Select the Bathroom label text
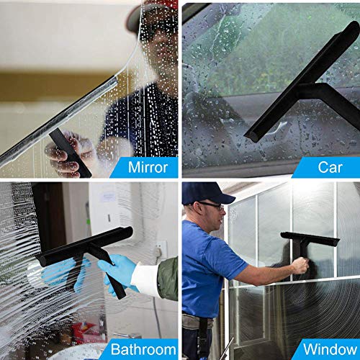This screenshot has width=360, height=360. pos(140,350)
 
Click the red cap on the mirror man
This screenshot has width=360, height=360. pos(167,6)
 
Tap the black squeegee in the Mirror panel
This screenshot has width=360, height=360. pos(71,153)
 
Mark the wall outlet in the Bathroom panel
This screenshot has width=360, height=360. pos(163,248)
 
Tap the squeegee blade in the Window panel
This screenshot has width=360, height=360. pos(310,238)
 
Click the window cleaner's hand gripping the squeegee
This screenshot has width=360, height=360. pos(300,266)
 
